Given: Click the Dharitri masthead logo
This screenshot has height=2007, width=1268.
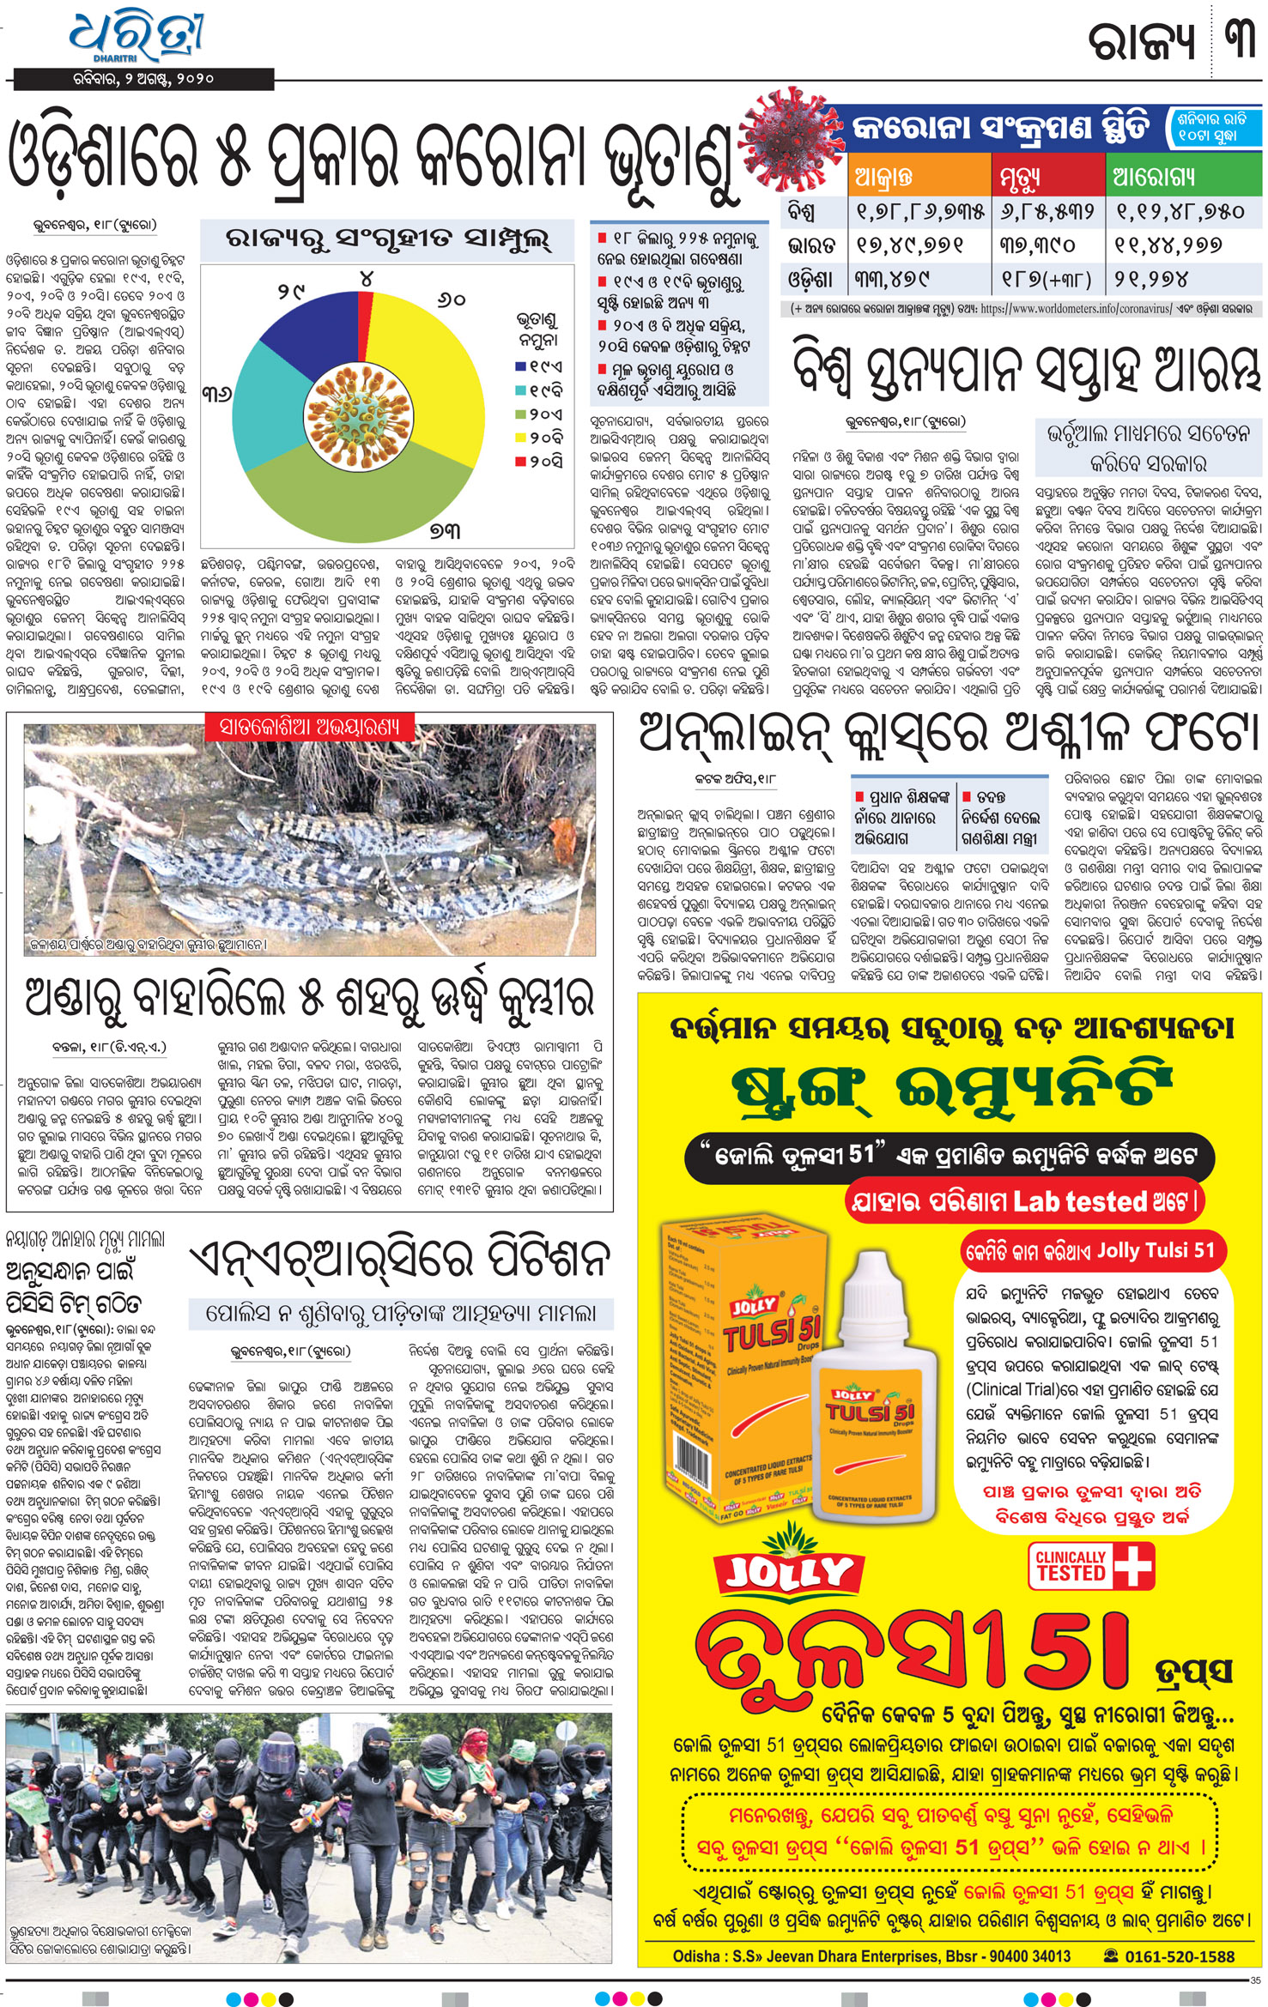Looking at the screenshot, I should click(137, 39).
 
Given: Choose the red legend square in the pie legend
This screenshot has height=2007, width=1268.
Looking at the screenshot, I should click(520, 462).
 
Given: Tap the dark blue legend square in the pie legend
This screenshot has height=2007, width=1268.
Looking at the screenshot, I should click(520, 366).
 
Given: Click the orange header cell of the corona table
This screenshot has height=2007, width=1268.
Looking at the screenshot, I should click(919, 178).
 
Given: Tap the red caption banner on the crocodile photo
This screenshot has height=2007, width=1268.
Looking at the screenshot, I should click(310, 728).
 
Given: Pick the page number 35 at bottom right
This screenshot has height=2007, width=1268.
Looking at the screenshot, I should click(1255, 1980).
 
